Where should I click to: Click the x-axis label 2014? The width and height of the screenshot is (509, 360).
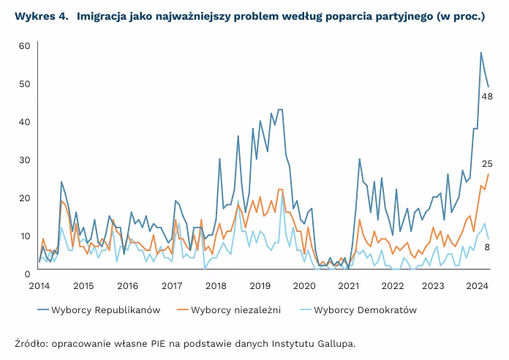pyautogui.click(x=39, y=286)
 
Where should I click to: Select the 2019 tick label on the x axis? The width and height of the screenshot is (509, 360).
pyautogui.click(x=260, y=286)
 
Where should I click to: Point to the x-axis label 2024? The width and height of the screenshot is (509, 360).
pyautogui.click(x=478, y=286)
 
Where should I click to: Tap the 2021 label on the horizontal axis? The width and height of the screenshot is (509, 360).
pyautogui.click(x=348, y=286)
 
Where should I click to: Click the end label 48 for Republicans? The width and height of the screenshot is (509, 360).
pyautogui.click(x=486, y=97)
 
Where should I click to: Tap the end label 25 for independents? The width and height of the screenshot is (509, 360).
pyautogui.click(x=486, y=163)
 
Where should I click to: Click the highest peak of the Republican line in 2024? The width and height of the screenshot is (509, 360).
pyautogui.click(x=480, y=53)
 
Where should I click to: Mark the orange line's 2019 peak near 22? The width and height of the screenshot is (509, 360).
pyautogui.click(x=279, y=190)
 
